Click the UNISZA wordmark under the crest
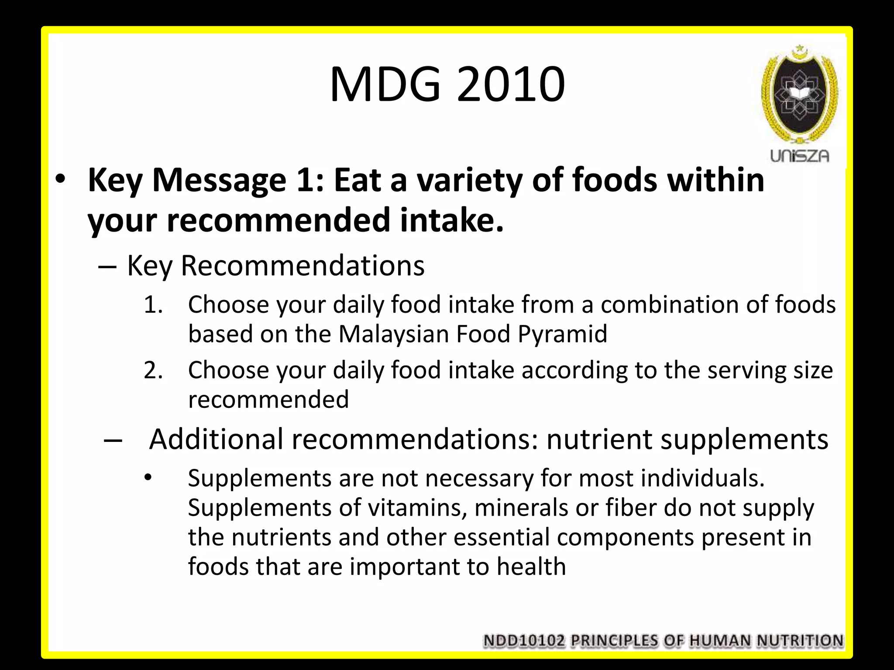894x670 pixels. point(799,156)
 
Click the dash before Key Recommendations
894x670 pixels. point(107,266)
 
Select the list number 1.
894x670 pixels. point(153,304)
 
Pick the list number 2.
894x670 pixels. point(153,370)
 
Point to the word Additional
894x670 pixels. point(216,439)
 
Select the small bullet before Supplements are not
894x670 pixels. point(148,478)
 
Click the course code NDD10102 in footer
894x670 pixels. point(524,641)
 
